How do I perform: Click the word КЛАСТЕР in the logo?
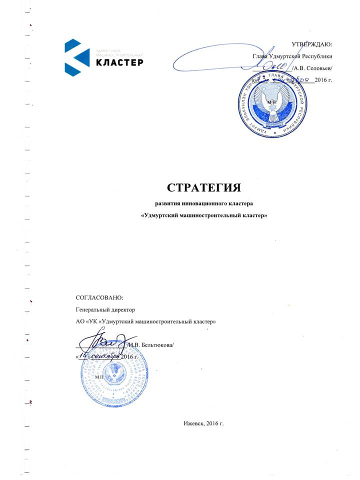[119, 62]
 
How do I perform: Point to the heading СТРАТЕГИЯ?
[204, 188]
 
